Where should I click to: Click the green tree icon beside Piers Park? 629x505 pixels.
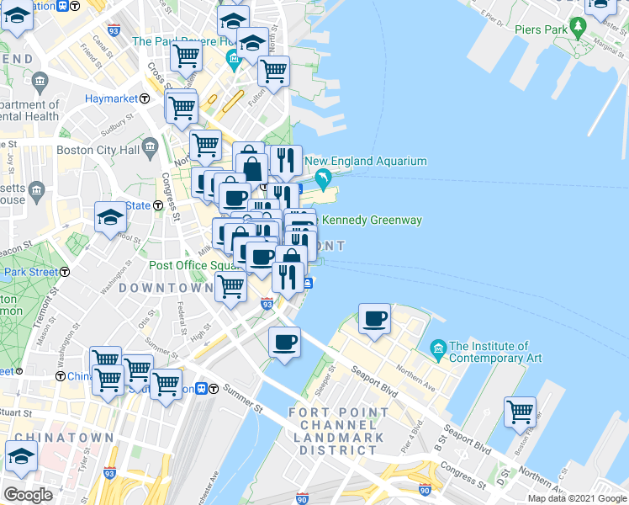coord(578,28)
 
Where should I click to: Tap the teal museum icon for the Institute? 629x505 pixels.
coord(437,348)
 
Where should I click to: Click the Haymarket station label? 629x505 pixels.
coord(111,98)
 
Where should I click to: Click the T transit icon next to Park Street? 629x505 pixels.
coord(65,272)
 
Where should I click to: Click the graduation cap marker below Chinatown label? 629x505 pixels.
coord(20,458)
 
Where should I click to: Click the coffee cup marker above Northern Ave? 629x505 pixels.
coord(374,319)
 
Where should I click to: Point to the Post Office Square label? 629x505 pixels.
coord(195,265)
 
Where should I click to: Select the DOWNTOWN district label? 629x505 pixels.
coord(166,288)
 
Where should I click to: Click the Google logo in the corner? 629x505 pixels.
coord(28,495)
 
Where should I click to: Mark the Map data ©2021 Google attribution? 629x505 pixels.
coord(577,498)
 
